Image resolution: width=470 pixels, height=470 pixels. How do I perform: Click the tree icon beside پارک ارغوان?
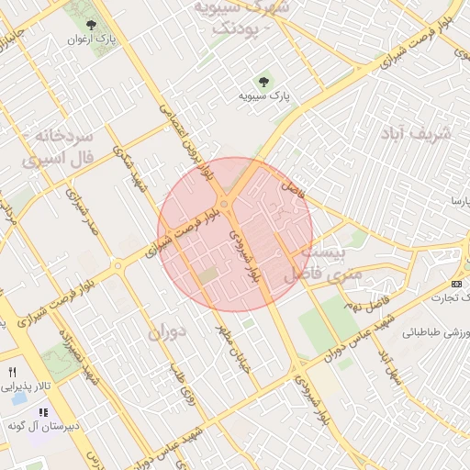90,25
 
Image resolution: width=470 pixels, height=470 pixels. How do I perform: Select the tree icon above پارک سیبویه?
266,81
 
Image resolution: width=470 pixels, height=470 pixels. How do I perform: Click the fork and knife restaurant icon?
12,373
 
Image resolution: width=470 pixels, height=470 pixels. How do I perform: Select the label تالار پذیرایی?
24,388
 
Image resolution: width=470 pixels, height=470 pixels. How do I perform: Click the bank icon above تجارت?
457,284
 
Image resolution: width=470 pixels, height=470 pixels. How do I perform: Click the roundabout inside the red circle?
225,204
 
